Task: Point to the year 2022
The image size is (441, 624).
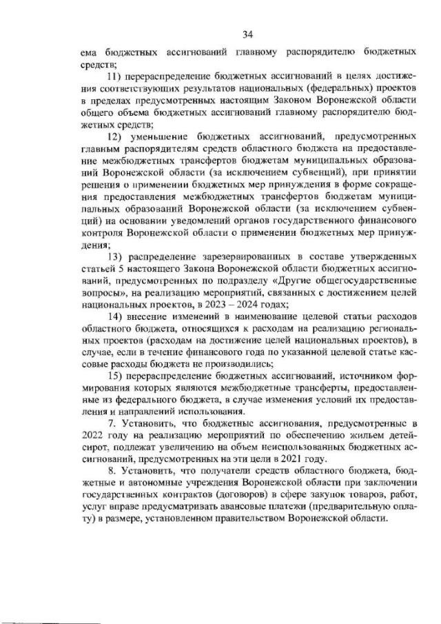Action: click(93, 435)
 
